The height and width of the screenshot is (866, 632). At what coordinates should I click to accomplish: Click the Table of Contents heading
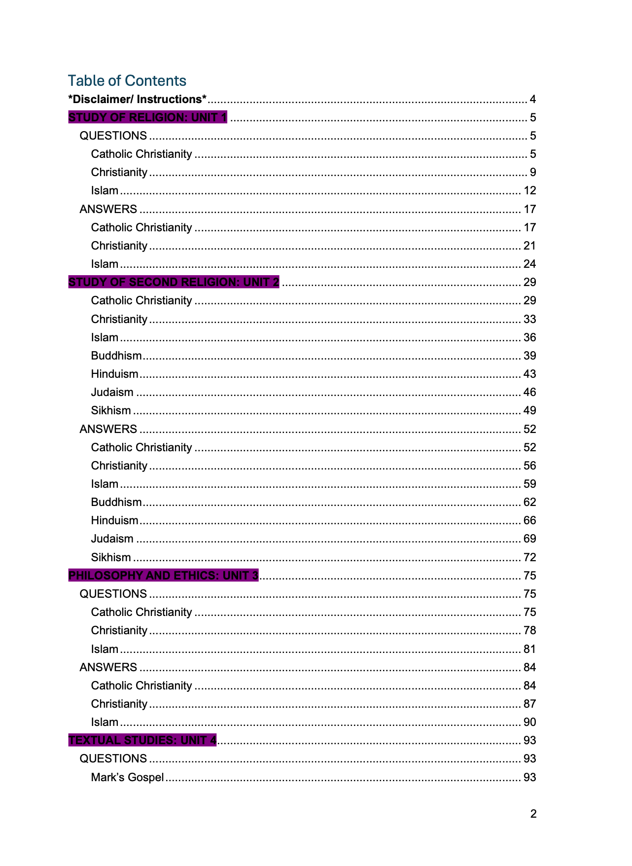click(127, 80)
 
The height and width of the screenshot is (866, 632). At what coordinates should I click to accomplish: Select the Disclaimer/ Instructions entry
click(137, 99)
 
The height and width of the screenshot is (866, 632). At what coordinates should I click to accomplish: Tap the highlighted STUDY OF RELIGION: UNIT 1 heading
click(147, 117)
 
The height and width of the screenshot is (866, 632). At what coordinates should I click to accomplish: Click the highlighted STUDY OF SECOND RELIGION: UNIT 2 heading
click(174, 282)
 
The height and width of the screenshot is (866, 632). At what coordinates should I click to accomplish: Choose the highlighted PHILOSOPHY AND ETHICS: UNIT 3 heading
click(163, 576)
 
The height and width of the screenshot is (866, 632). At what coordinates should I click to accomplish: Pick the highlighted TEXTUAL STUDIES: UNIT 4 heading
click(142, 740)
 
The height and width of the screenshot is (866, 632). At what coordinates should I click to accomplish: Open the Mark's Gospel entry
click(127, 777)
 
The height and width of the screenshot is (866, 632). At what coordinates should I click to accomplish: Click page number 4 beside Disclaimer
click(532, 99)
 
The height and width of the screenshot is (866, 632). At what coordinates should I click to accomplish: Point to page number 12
click(529, 190)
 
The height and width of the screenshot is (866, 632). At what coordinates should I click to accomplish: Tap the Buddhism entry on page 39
click(116, 356)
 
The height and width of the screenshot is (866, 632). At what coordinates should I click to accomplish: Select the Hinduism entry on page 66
click(114, 520)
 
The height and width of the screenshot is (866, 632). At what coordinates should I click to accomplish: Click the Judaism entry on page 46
click(112, 392)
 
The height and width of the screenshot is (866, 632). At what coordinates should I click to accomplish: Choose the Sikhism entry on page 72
click(111, 557)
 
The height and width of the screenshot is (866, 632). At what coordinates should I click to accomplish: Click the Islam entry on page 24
click(105, 264)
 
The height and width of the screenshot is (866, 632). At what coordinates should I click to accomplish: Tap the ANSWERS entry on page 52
click(108, 429)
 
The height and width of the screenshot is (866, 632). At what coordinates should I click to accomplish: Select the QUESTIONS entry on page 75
click(113, 594)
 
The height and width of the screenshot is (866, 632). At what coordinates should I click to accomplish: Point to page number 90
click(529, 722)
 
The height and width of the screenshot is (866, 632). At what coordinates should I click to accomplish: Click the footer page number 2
click(533, 814)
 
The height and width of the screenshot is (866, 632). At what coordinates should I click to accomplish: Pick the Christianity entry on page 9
click(119, 172)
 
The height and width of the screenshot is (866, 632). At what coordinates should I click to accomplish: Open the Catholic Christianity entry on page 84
click(141, 686)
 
